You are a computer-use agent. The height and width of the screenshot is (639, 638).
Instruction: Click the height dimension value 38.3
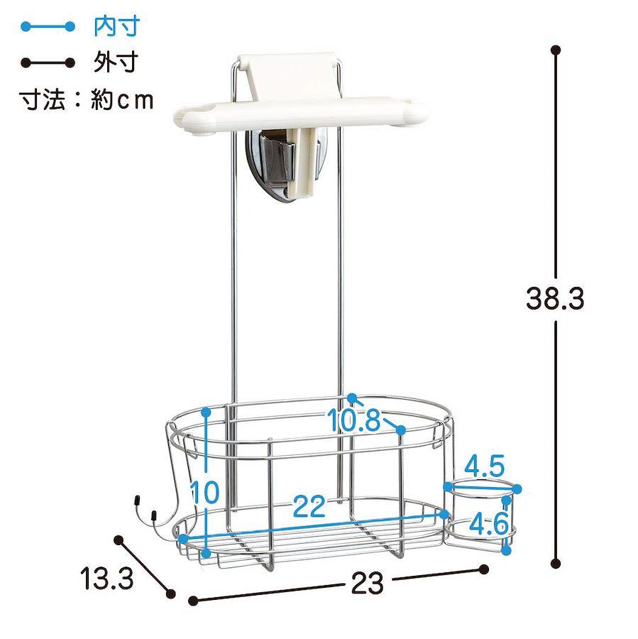[x=554, y=299]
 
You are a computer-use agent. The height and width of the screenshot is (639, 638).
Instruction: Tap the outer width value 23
[x=367, y=583]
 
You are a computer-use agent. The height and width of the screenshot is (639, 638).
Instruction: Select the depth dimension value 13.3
[x=107, y=578]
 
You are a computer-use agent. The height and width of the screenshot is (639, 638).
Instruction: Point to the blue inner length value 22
[x=309, y=506]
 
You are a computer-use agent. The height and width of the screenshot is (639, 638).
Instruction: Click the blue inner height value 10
[x=205, y=491]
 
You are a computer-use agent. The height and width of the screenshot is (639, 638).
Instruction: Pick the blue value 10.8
[x=353, y=420]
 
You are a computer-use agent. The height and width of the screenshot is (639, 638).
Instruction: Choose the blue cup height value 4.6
[x=488, y=523]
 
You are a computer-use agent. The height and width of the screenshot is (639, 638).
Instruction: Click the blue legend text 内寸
[x=116, y=26]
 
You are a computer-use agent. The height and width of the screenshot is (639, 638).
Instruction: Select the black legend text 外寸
[x=116, y=62]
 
